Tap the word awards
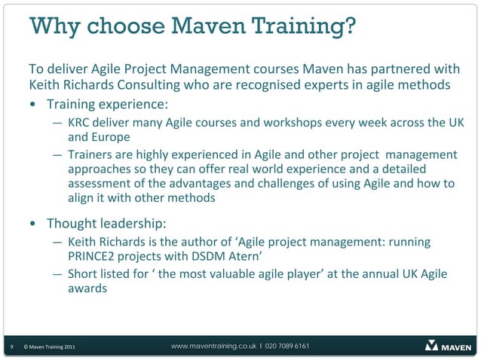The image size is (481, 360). click(87, 290)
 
